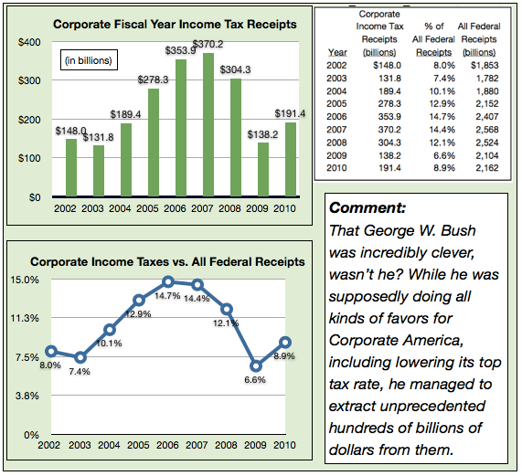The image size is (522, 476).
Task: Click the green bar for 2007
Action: (x=208, y=125)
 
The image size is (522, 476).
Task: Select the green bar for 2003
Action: (x=99, y=171)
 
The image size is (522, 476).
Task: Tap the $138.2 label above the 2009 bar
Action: (x=262, y=134)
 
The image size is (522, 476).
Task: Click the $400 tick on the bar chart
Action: (x=29, y=42)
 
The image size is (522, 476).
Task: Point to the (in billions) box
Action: (x=89, y=60)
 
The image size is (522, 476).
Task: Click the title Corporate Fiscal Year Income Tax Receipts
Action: (x=175, y=25)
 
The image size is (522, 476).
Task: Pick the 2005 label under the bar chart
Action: (x=147, y=208)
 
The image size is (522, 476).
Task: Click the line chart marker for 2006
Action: (x=168, y=281)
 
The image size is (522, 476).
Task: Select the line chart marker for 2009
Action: (x=256, y=366)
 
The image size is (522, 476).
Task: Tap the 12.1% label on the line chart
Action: (x=226, y=323)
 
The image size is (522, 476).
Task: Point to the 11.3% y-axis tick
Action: (x=25, y=318)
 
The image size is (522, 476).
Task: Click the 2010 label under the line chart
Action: (x=284, y=445)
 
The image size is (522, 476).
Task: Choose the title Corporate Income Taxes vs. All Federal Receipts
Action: (x=167, y=262)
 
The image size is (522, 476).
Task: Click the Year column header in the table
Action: (x=337, y=53)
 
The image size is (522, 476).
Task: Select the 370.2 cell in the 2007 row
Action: (x=389, y=130)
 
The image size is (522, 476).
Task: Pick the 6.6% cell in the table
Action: (x=444, y=155)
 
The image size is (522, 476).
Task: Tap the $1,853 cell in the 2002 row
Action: (x=485, y=65)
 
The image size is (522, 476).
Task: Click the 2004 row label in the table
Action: (x=336, y=91)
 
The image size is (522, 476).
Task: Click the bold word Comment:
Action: (x=368, y=208)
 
